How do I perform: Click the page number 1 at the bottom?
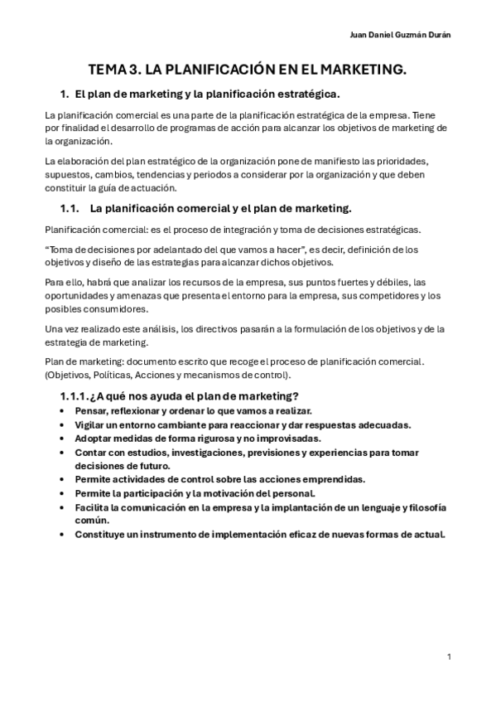coord(448,657)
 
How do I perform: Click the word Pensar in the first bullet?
coord(91,411)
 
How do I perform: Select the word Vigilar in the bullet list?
coord(90,424)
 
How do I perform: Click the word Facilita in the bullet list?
coord(92,507)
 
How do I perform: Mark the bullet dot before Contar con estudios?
coord(64,453)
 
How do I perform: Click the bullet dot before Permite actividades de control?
coord(64,480)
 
